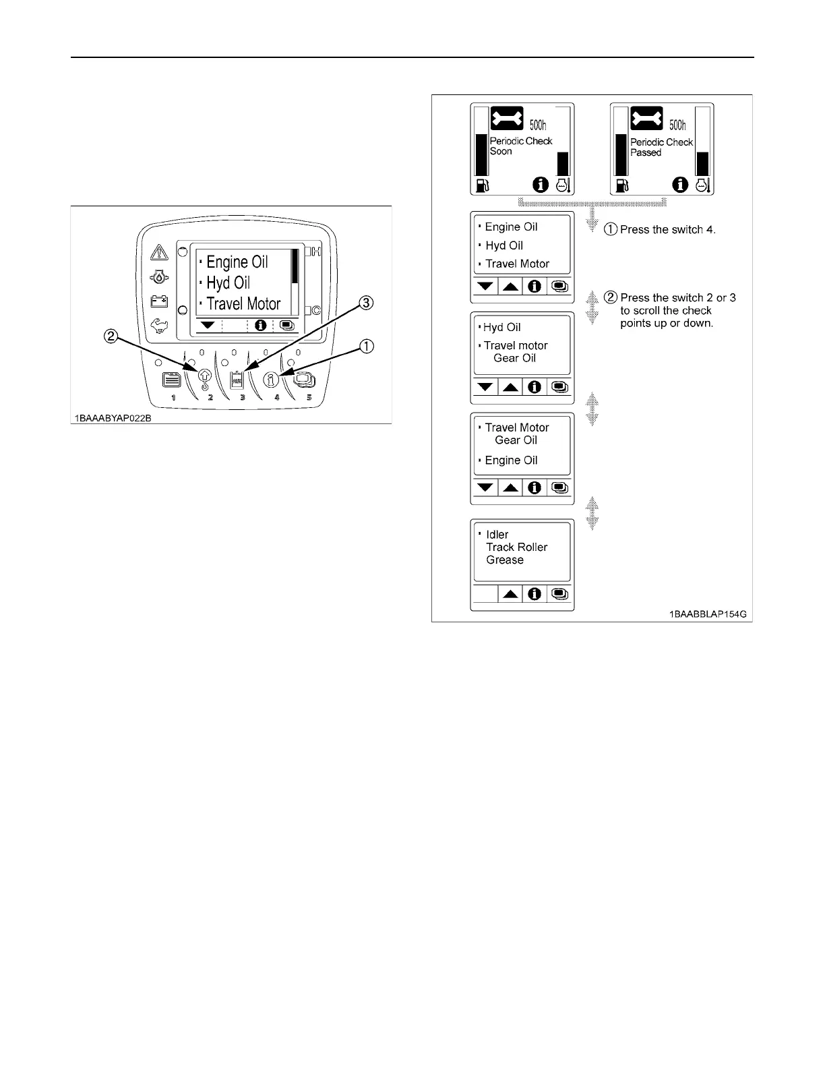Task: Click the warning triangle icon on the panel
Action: coord(159,252)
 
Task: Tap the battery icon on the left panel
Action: coord(159,301)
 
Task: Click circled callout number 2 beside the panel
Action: coord(112,335)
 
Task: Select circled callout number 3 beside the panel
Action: coord(365,303)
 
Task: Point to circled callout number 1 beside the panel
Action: coord(365,347)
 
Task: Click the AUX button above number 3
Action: coord(237,380)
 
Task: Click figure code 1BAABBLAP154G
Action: coord(707,615)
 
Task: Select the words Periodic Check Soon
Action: coord(520,146)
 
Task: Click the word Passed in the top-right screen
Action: coord(646,153)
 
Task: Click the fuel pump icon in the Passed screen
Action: coord(621,185)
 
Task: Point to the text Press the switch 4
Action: coord(667,229)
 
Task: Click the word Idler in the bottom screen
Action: coord(497,535)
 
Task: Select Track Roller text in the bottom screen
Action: coord(516,547)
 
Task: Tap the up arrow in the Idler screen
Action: coord(511,594)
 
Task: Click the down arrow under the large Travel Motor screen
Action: coord(208,325)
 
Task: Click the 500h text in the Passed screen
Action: coord(677,125)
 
